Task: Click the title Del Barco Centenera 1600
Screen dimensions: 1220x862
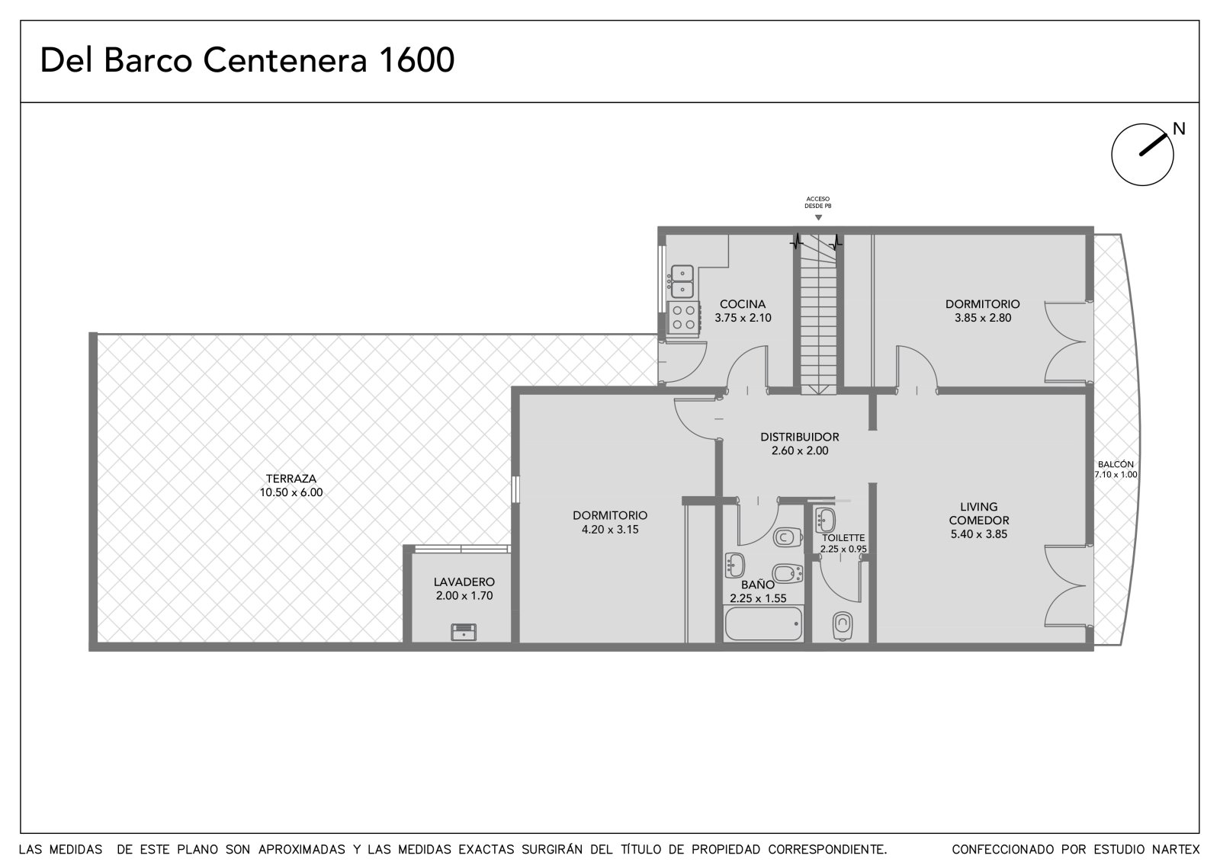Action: tap(247, 60)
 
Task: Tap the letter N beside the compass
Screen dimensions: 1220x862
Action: tap(1179, 129)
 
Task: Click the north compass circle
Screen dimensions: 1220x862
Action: tap(1142, 155)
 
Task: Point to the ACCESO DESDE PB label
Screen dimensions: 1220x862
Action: tap(817, 203)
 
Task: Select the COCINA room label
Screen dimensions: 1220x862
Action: tap(743, 304)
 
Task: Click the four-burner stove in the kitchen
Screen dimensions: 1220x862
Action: tap(683, 318)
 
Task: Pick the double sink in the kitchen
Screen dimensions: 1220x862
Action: tap(682, 281)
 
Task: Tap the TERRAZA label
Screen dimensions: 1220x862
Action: tap(291, 479)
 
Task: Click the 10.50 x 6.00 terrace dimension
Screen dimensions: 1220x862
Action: tap(291, 492)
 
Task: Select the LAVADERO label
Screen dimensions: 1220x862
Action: tap(464, 582)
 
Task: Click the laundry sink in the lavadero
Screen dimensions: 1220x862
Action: tap(464, 632)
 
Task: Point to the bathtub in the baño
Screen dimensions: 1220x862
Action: tap(763, 623)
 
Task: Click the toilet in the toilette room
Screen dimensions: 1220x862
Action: tap(842, 626)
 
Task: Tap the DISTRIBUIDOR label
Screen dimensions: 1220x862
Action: tap(800, 437)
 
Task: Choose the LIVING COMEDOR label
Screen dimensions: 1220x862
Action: tap(979, 514)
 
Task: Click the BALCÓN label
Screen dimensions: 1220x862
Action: tap(1116, 464)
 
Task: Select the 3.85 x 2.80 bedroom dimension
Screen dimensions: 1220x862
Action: tap(983, 318)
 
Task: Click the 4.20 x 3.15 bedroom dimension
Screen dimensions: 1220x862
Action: tap(610, 529)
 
